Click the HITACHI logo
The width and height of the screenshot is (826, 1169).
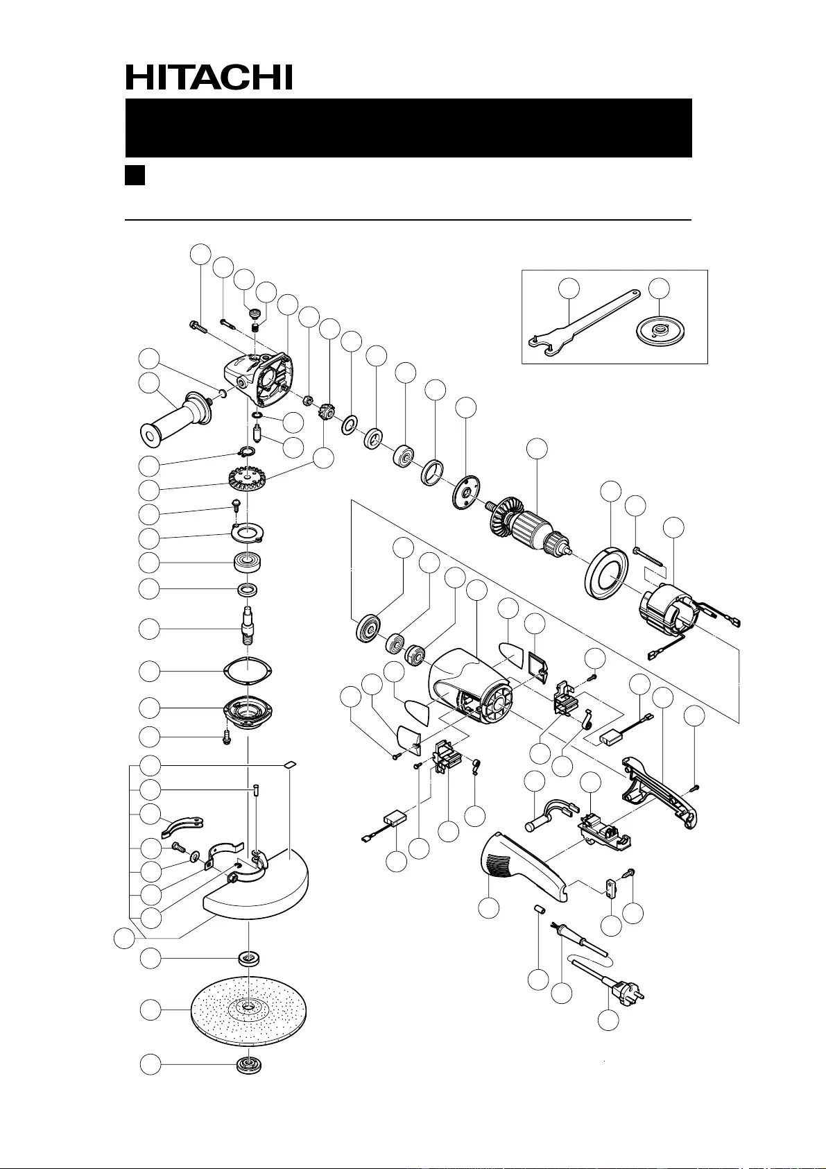[x=209, y=78]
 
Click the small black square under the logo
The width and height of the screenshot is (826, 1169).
[x=134, y=175]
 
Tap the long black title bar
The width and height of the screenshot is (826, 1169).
[x=408, y=128]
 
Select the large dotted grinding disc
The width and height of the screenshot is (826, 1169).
[x=248, y=1010]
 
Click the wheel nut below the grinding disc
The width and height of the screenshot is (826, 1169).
[x=248, y=1066]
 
